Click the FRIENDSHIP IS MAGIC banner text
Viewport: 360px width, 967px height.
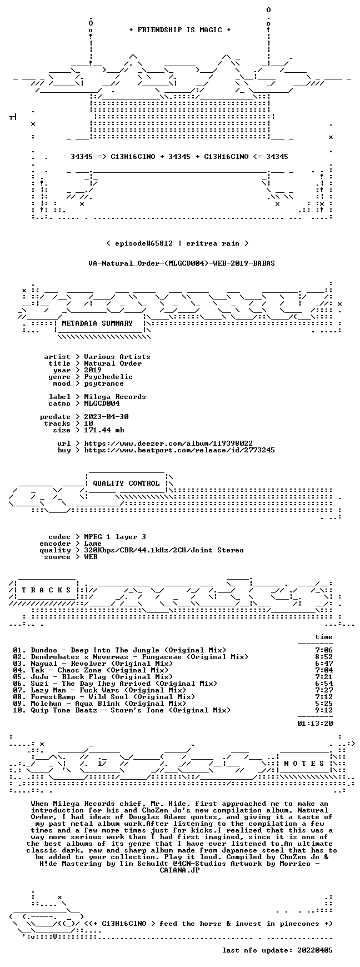(x=179, y=30)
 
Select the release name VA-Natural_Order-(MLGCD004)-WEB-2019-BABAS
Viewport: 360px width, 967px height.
(x=182, y=263)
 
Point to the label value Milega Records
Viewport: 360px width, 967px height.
(x=115, y=397)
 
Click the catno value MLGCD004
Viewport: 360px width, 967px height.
(x=102, y=403)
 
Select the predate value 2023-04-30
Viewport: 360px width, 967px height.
(x=106, y=417)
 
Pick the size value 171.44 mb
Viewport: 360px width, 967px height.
(x=104, y=430)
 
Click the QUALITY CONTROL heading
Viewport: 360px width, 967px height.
(x=126, y=483)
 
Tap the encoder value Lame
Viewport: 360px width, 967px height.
(x=93, y=544)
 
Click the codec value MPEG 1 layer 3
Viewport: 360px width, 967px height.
(x=115, y=537)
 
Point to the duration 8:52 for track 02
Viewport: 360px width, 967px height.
(x=324, y=657)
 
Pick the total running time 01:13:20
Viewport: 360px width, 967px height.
(x=315, y=724)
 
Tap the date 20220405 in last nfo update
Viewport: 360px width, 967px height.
(x=315, y=950)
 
